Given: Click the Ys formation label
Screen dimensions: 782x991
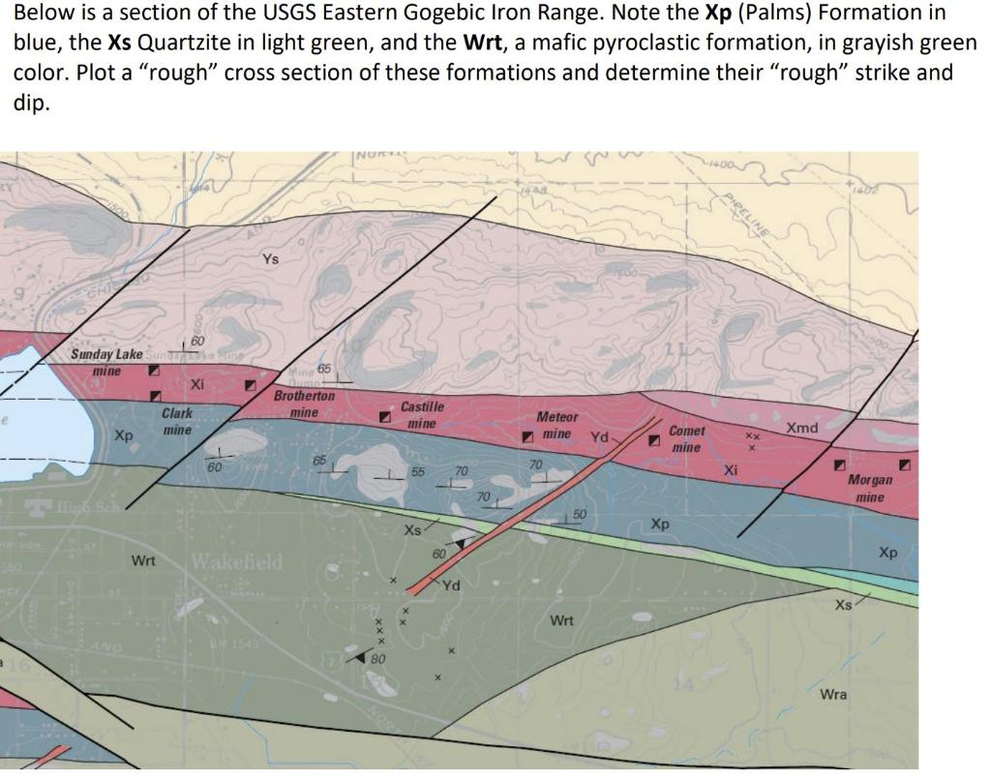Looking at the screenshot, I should point(271,259).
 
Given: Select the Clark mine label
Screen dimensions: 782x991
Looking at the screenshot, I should point(177,421).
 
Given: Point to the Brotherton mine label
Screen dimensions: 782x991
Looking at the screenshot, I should point(304,404).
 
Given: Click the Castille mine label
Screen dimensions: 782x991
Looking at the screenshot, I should point(422,415).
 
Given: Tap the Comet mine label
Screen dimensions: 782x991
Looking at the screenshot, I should point(687,438).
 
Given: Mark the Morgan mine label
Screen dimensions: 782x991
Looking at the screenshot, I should point(869,488).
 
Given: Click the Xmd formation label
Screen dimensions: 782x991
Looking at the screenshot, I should point(801,428).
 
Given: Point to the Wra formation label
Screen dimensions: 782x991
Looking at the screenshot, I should point(833,694).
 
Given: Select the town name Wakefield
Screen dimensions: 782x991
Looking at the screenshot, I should point(237,561).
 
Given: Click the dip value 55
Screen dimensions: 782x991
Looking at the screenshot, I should point(418,471).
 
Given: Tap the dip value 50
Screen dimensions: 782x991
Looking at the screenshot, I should point(580,513).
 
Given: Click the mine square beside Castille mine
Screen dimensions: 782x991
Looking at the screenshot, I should point(384,417).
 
